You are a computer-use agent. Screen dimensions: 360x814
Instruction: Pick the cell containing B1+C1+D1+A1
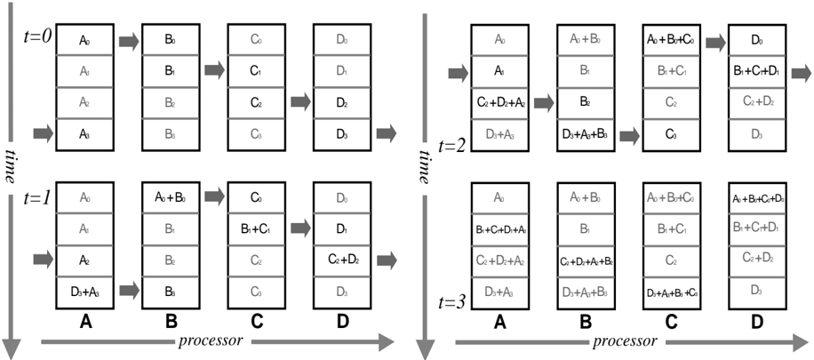click(502, 230)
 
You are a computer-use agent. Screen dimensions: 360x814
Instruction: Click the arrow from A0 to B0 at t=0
click(128, 41)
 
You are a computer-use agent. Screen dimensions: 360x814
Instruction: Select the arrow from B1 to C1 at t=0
click(213, 70)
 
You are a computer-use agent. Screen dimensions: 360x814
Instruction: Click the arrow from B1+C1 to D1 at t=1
click(299, 228)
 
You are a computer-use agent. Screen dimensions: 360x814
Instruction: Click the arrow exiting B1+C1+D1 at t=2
click(797, 70)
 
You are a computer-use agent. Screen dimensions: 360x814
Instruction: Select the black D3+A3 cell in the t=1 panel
click(85, 291)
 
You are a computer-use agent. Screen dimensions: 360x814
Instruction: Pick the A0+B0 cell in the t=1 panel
click(171, 198)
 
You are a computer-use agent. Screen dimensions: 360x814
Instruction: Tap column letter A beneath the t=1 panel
click(85, 324)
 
